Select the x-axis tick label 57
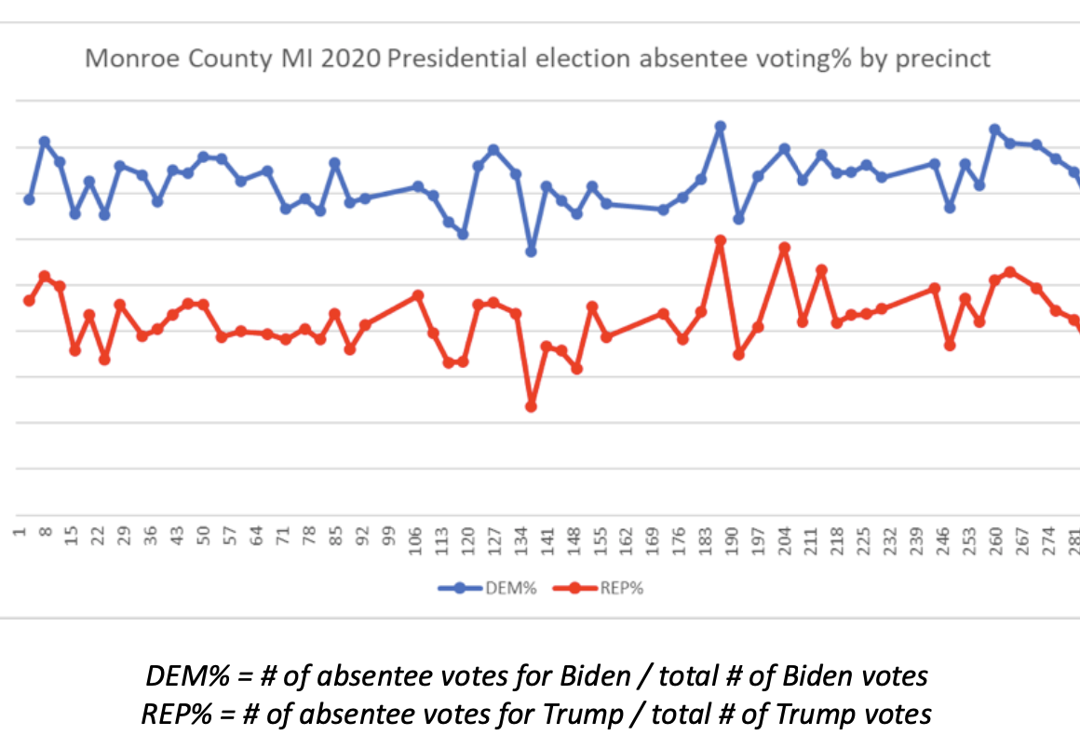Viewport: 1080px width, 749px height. coord(232,539)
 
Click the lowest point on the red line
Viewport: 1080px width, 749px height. coord(532,406)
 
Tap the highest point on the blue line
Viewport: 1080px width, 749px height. coord(720,126)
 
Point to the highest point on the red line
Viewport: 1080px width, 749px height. coord(720,240)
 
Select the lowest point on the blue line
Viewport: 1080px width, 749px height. coord(532,252)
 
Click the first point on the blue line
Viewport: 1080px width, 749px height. coord(29,199)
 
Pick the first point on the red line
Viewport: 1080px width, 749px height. coord(29,300)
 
